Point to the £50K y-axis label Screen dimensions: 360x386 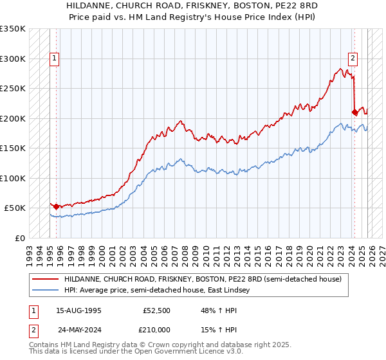click(x=15, y=208)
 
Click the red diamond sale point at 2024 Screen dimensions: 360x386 click(x=354, y=112)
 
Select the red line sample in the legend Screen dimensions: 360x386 click(x=45, y=280)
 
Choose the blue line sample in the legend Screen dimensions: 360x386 click(x=45, y=291)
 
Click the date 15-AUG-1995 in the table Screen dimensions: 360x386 click(x=78, y=310)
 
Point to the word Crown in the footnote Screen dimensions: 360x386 click(x=158, y=345)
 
